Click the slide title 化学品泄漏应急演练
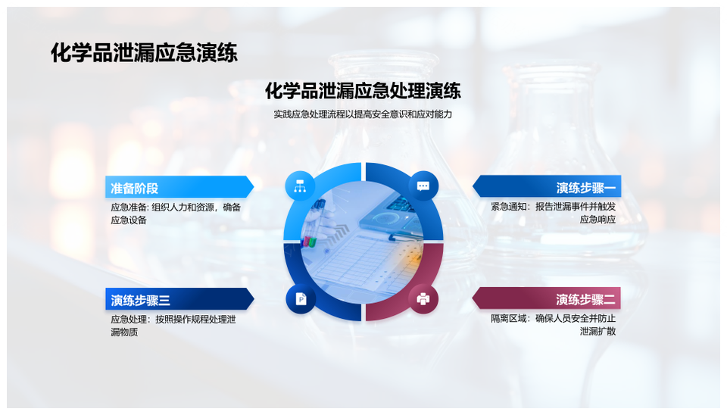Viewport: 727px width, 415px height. (x=144, y=53)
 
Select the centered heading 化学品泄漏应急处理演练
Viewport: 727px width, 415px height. (x=363, y=90)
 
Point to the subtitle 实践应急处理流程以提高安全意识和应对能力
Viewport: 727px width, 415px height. (x=363, y=114)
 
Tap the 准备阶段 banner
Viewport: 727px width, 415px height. (x=179, y=187)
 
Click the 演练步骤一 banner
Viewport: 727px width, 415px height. (x=547, y=186)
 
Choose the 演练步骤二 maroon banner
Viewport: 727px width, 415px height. (x=546, y=298)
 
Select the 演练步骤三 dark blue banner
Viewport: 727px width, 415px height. (x=179, y=299)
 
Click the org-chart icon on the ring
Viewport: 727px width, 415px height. (x=300, y=186)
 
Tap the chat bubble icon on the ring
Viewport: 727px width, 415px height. (x=423, y=186)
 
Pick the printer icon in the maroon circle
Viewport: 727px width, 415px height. (x=423, y=298)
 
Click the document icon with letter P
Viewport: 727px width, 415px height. (x=301, y=298)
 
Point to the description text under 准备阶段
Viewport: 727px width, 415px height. (x=176, y=214)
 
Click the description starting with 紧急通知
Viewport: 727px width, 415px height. (x=553, y=213)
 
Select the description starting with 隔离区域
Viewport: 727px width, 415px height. (x=553, y=325)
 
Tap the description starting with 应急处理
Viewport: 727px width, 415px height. (x=173, y=326)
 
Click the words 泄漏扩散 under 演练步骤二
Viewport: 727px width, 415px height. (x=598, y=331)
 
